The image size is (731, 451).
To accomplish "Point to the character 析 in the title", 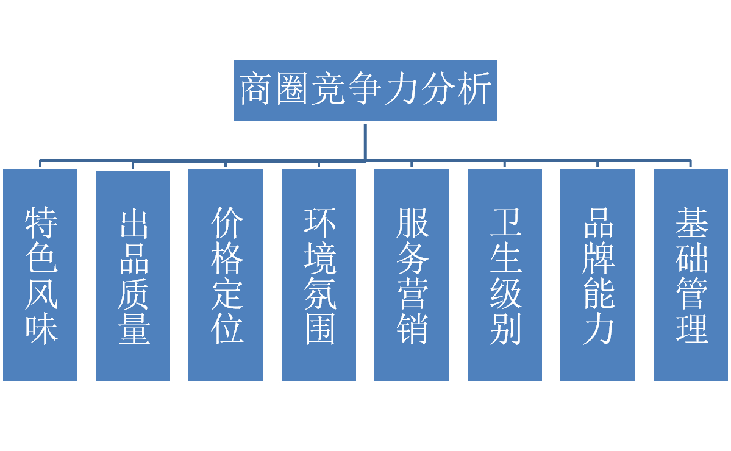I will pos(475,90).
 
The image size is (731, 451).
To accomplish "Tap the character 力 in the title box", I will pos(402,90).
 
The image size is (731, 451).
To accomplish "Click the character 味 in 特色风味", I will pos(41,328).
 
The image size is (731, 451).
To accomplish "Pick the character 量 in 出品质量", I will pos(134,328).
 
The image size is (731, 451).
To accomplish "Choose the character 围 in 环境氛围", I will pos(319,328).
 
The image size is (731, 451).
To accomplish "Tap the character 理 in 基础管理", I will pos(691,328).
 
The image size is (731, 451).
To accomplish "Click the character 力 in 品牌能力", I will pos(598,328).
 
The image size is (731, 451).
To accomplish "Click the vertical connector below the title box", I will pos(365,141).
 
